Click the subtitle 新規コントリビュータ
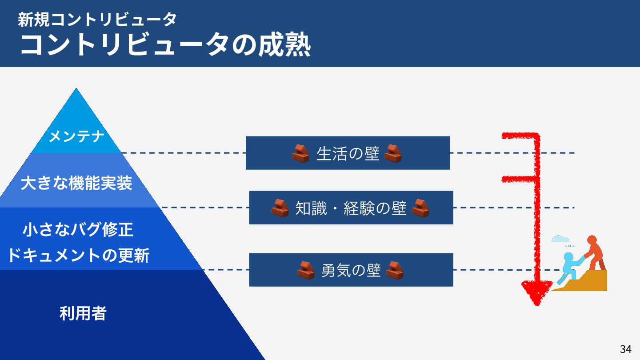point(97,19)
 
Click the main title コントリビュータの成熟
point(165,45)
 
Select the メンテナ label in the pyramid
point(76,136)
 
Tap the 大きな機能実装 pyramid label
point(76,183)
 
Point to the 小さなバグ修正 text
point(78,230)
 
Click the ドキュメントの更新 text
point(78,256)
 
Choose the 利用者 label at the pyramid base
point(83,314)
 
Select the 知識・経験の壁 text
point(351,208)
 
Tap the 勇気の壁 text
point(351,270)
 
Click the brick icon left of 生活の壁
point(300,153)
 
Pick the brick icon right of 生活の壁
point(393,153)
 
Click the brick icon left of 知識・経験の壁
point(280,208)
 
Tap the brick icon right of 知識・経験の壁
point(420,208)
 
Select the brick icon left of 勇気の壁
point(306,270)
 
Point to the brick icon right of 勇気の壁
point(395,270)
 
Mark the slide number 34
point(625,349)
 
